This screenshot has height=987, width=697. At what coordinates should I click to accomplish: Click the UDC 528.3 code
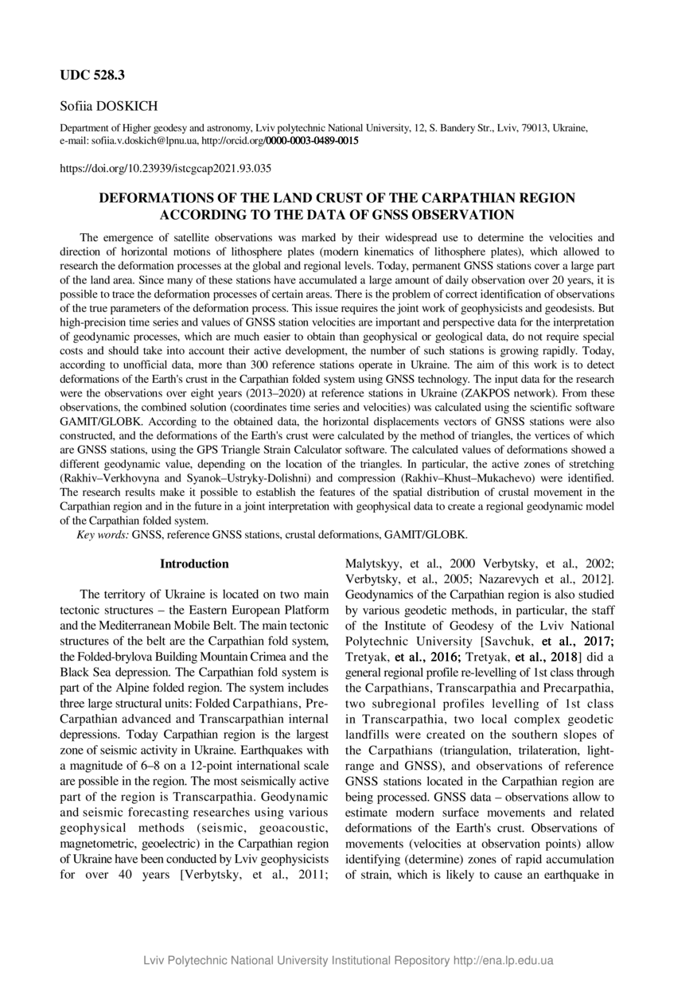pos(92,76)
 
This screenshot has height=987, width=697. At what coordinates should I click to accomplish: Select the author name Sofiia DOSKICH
pos(103,106)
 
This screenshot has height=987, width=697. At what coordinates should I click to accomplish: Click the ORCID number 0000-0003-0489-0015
pos(312,140)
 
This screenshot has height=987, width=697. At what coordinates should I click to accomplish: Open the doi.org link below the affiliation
pos(165,169)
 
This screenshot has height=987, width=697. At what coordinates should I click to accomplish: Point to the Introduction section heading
pos(194,564)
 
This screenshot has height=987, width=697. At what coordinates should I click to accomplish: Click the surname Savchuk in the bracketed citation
pos(507,642)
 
